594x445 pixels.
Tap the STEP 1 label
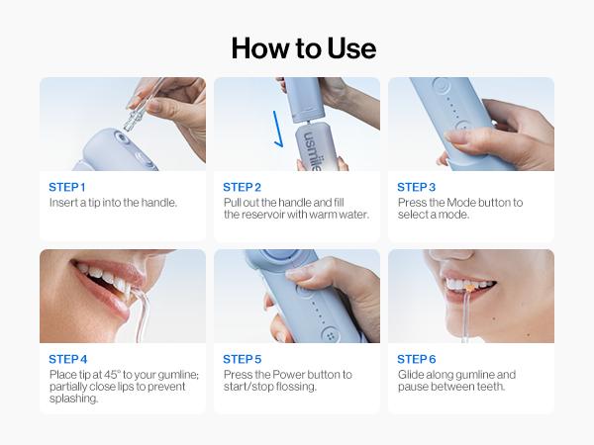(x=67, y=187)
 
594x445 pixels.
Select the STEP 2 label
(x=242, y=187)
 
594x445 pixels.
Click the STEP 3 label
(x=416, y=187)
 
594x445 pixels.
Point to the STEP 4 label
(x=67, y=359)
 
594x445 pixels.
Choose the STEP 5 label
(x=242, y=359)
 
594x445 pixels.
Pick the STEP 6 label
(x=416, y=359)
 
